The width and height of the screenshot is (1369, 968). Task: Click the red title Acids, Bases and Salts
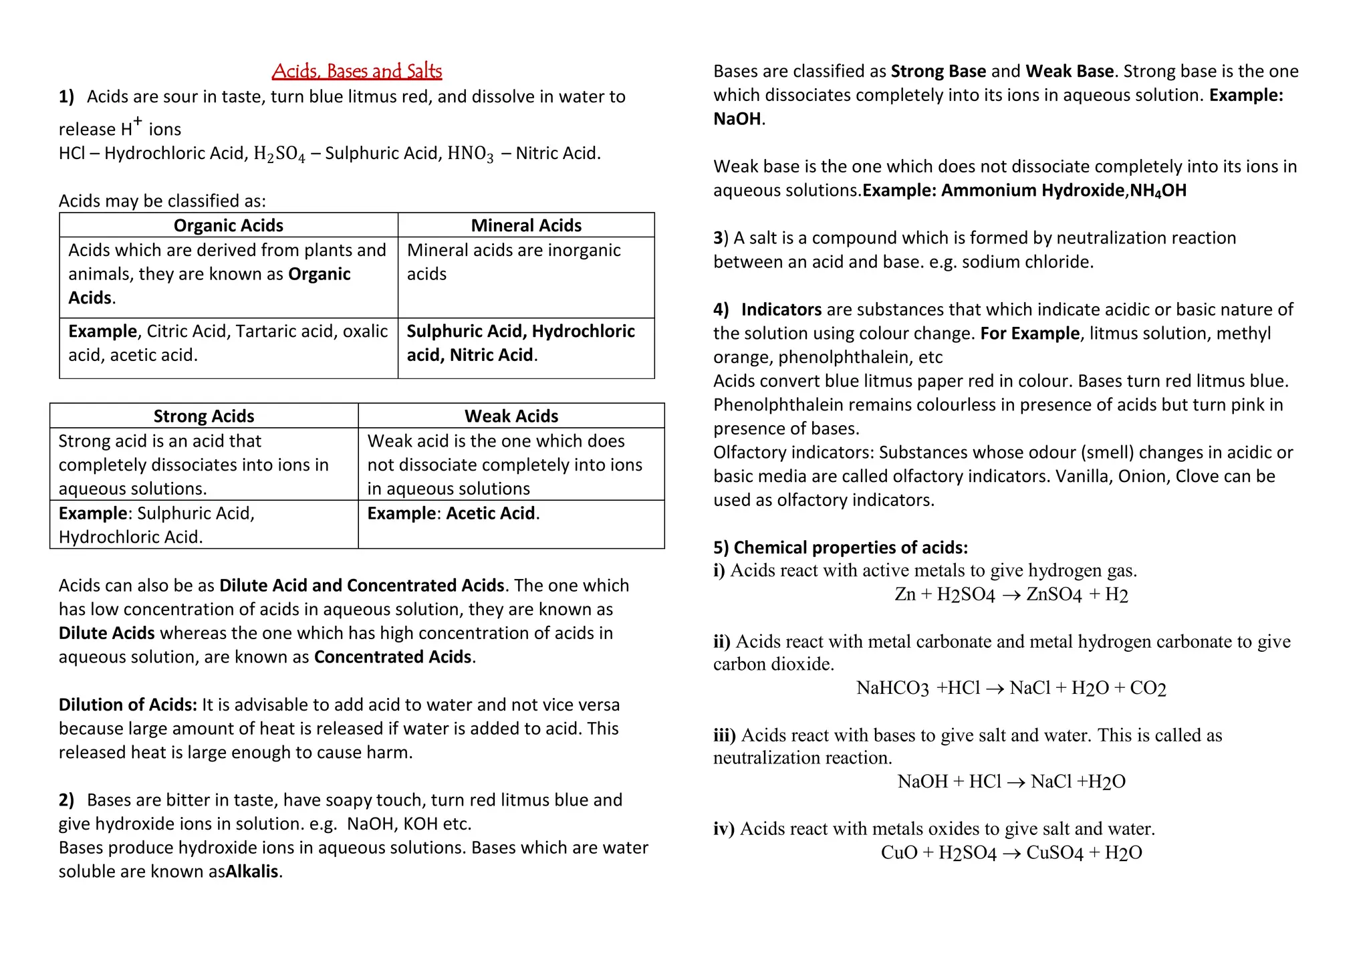357,71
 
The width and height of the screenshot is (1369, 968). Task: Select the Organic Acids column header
228,225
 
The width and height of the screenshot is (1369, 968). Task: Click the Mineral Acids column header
526,225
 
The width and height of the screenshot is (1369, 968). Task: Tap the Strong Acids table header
204,416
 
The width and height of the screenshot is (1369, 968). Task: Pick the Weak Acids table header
511,416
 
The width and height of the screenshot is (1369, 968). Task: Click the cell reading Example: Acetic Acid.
453,513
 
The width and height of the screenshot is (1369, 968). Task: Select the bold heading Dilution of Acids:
128,705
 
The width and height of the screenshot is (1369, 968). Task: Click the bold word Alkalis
252,872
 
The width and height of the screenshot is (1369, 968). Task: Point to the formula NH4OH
1158,191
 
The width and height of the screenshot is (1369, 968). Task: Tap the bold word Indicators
781,310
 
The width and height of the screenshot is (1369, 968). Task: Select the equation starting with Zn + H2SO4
1011,594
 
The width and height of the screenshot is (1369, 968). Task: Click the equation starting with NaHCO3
1011,688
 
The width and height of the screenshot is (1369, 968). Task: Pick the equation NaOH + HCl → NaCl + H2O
1011,781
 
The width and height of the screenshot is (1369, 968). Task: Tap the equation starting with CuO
1011,853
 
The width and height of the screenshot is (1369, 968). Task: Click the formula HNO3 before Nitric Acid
471,154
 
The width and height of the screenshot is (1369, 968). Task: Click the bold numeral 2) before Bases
66,800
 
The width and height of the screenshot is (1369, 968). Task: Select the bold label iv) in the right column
724,829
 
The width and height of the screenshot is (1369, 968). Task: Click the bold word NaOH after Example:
737,119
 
